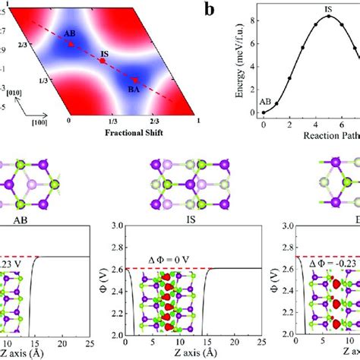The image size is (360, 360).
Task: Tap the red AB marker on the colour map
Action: (x=71, y=45)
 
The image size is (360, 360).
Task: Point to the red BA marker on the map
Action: (x=135, y=79)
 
